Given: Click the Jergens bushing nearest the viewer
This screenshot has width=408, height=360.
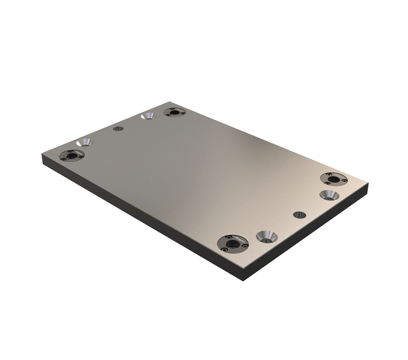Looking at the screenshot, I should pyautogui.click(x=233, y=244).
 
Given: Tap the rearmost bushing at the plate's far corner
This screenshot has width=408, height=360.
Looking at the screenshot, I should pyautogui.click(x=174, y=112).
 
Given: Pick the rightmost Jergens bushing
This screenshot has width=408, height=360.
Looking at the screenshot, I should pyautogui.click(x=334, y=179).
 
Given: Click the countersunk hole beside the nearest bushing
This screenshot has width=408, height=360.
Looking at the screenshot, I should pyautogui.click(x=267, y=237).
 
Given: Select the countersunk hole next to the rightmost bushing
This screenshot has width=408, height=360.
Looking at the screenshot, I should pyautogui.click(x=329, y=196).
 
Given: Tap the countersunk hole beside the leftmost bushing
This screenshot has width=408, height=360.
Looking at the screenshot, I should pyautogui.click(x=85, y=142).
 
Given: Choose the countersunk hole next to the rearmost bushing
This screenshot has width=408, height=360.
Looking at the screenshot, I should pyautogui.click(x=148, y=116).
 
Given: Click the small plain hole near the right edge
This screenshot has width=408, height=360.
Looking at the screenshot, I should pyautogui.click(x=299, y=215).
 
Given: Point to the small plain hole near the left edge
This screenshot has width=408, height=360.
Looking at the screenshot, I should pyautogui.click(x=118, y=129).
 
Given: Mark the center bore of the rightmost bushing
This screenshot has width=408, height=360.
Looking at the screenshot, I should pyautogui.click(x=333, y=179).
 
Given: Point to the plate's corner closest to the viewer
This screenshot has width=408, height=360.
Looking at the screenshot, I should pyautogui.click(x=243, y=268).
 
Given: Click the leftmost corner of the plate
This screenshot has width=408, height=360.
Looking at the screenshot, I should pyautogui.click(x=42, y=154).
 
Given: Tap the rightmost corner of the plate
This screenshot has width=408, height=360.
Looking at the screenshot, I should pyautogui.click(x=368, y=182).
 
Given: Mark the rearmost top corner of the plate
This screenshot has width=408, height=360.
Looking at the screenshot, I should pyautogui.click(x=169, y=102).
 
